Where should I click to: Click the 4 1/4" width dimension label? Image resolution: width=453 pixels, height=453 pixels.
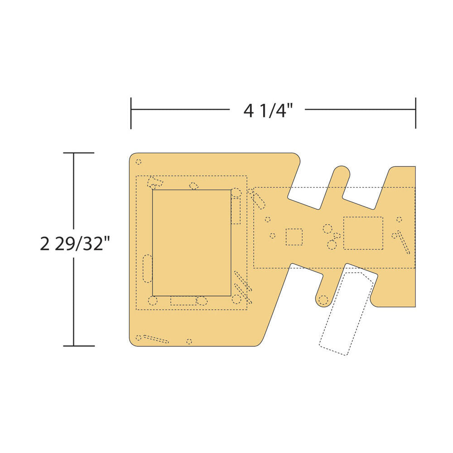pos(268,111)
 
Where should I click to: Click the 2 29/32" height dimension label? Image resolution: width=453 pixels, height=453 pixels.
pos(76,244)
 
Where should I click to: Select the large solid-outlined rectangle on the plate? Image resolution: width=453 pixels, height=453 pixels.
pos(192,243)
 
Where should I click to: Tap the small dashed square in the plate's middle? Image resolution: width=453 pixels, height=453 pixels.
pos(294,237)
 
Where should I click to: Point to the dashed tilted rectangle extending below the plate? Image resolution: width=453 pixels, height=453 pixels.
pos(348,313)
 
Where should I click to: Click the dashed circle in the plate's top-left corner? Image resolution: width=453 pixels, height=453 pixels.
pos(139,162)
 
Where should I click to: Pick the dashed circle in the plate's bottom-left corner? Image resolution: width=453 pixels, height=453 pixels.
pos(139,337)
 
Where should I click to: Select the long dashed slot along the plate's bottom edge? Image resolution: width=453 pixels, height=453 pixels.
pos(156,339)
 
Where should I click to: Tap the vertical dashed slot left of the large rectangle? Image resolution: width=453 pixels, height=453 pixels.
pos(148,269)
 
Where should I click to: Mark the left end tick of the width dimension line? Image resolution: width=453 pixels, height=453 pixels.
pos(131,113)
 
